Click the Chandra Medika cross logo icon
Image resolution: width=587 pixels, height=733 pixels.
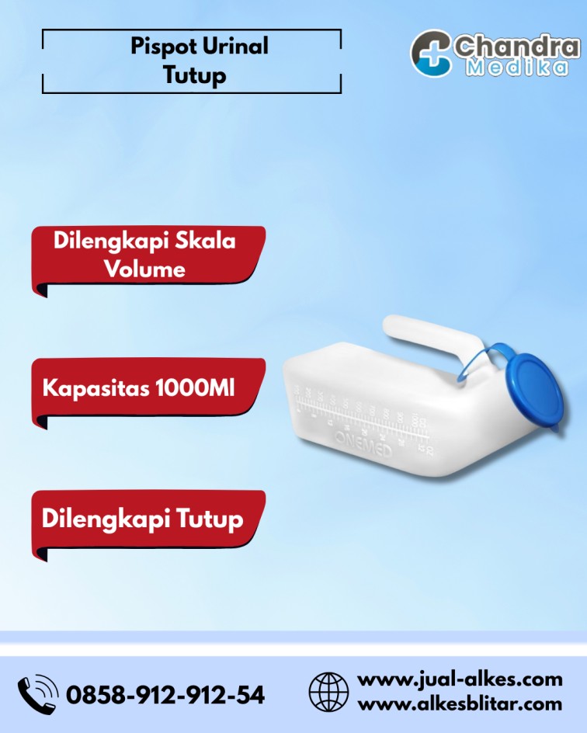(432, 53)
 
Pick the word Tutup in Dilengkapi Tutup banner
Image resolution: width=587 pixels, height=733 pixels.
(208, 519)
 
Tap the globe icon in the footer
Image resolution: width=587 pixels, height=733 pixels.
(328, 692)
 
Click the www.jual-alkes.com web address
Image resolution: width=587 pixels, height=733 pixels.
(460, 679)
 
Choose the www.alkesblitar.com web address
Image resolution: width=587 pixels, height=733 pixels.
(460, 704)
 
